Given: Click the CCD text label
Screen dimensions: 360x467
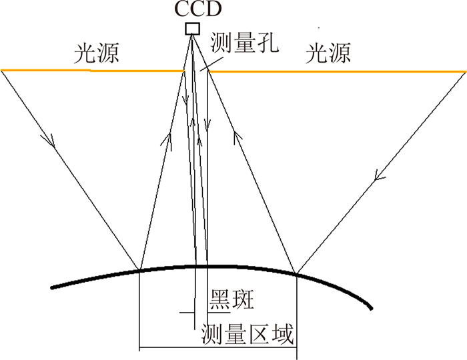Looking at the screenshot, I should point(192,11).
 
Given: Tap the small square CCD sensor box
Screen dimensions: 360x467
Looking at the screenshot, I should point(192,28).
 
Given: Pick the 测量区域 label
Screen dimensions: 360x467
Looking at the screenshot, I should point(248,333).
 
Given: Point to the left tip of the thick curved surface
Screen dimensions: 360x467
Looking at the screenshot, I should point(53,287).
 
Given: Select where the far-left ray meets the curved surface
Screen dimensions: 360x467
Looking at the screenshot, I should point(139,269).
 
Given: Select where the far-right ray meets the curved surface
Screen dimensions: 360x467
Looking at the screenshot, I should point(297,272).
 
